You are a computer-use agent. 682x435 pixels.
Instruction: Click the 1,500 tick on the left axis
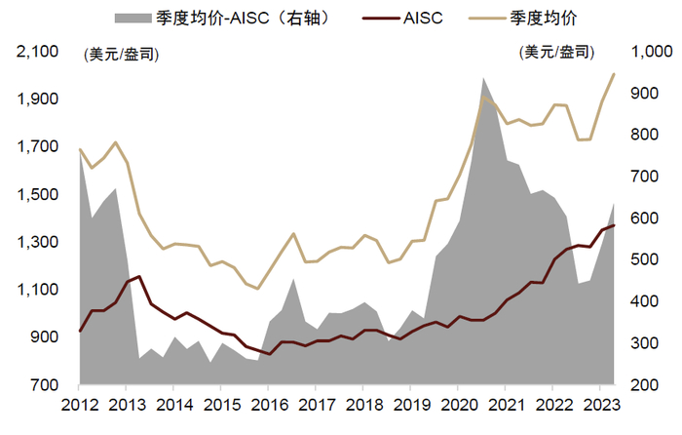click(x=39, y=194)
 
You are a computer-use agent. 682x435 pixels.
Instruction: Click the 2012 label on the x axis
click(x=80, y=405)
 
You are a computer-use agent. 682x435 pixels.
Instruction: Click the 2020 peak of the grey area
click(x=483, y=78)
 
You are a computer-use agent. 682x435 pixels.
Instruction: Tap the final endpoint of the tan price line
click(x=614, y=74)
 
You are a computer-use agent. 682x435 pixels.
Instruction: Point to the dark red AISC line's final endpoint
click(x=614, y=225)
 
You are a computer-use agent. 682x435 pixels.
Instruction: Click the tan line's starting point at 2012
click(x=80, y=149)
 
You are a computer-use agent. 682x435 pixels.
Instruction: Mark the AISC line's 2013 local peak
click(x=139, y=276)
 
